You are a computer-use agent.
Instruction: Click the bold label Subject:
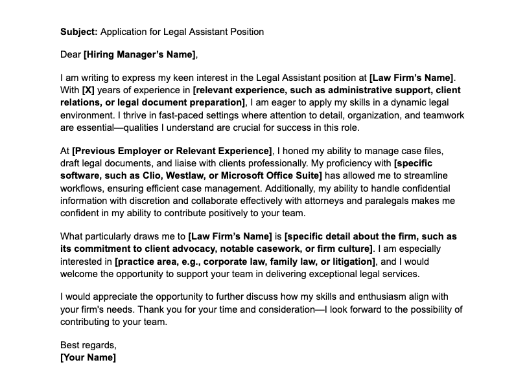(x=79, y=31)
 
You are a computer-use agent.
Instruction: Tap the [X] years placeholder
(x=89, y=90)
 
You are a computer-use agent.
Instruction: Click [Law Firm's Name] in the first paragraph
(x=412, y=78)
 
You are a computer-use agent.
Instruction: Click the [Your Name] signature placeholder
(x=88, y=357)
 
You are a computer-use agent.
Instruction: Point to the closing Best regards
(x=88, y=345)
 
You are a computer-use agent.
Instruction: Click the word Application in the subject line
(x=123, y=31)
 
